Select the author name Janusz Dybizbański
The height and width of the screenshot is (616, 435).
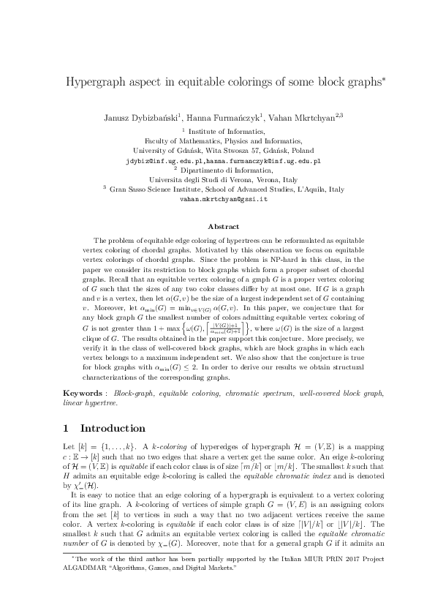tap(140, 117)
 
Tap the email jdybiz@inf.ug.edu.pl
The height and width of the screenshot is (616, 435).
tap(164, 159)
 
